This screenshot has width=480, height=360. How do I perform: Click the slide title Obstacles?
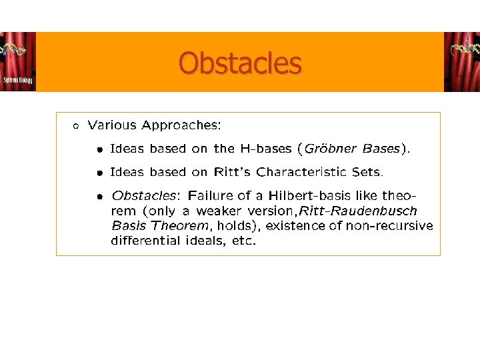[x=240, y=64]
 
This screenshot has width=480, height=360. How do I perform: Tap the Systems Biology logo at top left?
[x=18, y=62]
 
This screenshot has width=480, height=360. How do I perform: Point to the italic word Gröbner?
[x=331, y=149]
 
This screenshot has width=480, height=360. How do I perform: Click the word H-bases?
[x=267, y=149]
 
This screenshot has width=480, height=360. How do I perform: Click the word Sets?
[x=367, y=172]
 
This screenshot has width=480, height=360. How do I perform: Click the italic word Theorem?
[x=180, y=226]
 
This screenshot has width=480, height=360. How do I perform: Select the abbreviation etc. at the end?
[x=243, y=241]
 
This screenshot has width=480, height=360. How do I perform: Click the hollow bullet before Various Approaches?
[x=77, y=125]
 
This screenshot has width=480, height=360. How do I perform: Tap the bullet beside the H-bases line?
[x=99, y=149]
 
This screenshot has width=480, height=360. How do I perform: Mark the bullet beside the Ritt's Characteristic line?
[x=99, y=173]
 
